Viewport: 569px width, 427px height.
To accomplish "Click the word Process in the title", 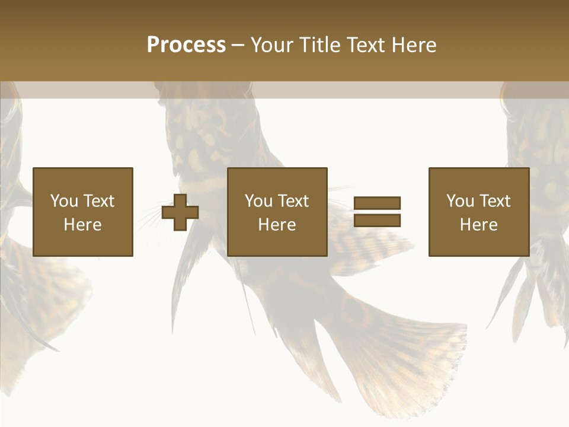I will (186, 45).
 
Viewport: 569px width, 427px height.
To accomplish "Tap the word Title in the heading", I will (320, 45).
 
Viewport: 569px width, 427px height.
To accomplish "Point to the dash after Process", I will (238, 45).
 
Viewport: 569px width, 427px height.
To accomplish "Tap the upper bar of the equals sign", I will (377, 203).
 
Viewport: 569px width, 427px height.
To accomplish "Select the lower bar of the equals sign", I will (377, 220).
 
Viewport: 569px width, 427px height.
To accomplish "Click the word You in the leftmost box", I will (64, 201).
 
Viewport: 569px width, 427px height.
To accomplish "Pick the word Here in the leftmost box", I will (82, 225).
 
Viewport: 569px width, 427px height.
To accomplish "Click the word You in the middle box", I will (259, 201).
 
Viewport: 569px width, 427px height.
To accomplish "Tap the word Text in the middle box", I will (293, 201).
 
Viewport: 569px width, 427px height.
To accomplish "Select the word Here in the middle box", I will (277, 225).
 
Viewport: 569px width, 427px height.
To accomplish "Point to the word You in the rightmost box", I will (461, 201).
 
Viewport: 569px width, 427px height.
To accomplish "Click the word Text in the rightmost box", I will (494, 201).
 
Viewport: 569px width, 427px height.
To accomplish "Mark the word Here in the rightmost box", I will (478, 225).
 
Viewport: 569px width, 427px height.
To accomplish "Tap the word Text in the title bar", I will (367, 45).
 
